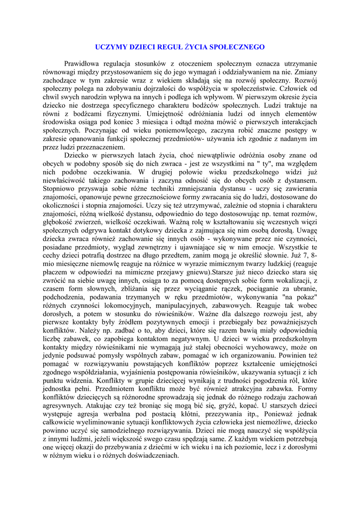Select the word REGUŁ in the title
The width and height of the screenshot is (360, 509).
pos(167,47)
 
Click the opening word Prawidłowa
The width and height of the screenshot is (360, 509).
pos(81,64)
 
